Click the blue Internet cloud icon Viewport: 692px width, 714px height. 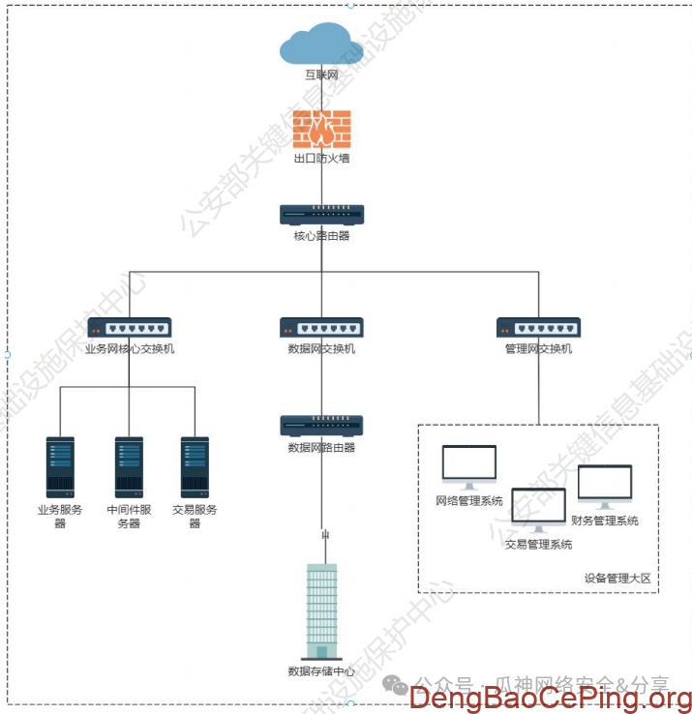point(321,45)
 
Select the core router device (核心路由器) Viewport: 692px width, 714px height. point(321,215)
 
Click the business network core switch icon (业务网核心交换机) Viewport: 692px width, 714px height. point(129,328)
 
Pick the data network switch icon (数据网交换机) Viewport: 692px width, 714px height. point(321,328)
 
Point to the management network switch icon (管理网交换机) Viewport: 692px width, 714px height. point(538,328)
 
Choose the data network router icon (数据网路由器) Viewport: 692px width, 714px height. point(321,426)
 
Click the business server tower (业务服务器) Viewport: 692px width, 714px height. point(60,467)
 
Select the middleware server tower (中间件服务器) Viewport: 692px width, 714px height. point(129,467)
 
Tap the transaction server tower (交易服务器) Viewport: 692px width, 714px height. point(195,467)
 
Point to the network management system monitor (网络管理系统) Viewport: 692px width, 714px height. point(469,465)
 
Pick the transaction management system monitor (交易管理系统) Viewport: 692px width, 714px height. point(538,510)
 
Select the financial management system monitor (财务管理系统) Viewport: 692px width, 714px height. point(605,486)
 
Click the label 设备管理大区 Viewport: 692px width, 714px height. point(617,579)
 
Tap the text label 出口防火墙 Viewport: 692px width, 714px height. point(321,159)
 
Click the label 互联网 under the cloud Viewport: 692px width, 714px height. point(321,74)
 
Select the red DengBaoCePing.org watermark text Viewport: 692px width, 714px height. point(550,697)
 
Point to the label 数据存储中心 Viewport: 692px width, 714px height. point(321,671)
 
